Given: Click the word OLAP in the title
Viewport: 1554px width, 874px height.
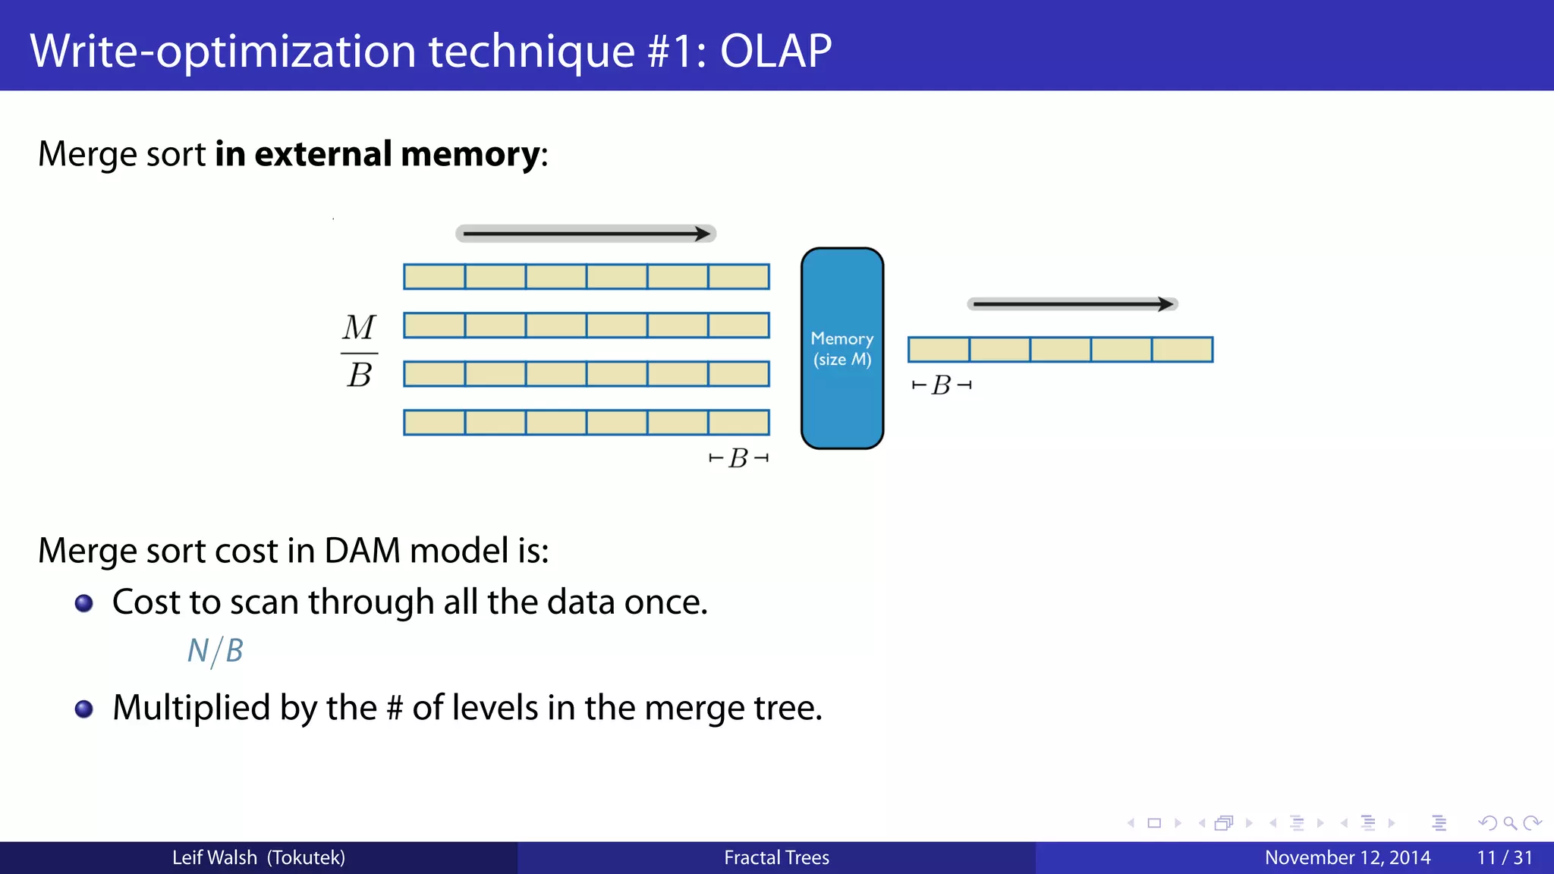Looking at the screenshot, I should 775,52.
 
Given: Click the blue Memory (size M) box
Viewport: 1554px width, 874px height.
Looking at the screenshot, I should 842,348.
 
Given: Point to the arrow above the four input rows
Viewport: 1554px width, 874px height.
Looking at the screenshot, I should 585,234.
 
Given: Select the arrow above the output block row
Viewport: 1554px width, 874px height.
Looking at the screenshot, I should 1071,304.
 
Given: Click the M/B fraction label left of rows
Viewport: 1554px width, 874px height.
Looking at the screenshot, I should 359,351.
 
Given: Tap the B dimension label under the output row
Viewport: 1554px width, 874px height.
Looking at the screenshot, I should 941,385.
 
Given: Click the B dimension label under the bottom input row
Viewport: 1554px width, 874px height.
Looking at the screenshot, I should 738,458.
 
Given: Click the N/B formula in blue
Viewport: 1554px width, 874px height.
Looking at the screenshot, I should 215,651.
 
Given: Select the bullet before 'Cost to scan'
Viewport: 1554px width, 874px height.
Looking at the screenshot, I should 84,603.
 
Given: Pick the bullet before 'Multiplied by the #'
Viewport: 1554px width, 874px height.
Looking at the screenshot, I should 84,709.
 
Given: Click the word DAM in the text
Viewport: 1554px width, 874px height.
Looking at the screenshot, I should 362,551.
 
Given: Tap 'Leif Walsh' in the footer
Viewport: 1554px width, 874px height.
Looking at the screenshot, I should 215,858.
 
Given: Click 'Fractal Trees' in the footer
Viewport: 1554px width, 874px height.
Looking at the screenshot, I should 776,858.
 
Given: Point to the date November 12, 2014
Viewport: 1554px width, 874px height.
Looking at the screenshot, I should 1347,858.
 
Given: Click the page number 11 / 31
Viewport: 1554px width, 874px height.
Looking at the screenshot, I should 1504,858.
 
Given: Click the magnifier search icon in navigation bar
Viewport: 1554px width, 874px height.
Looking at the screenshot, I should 1509,823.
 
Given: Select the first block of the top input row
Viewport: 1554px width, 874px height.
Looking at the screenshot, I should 434,277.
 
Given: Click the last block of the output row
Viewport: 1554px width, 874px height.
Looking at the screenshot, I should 1182,350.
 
